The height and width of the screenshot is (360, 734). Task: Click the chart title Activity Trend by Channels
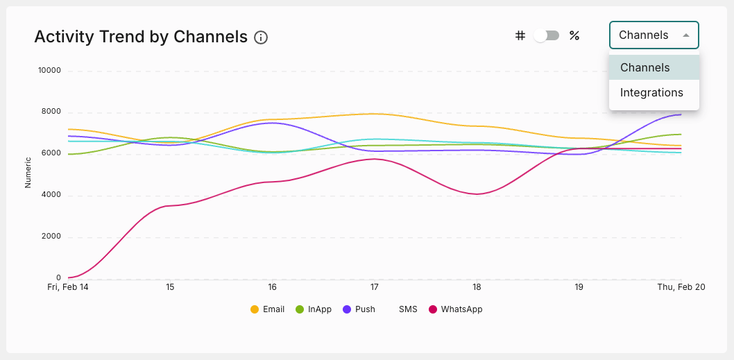coord(141,37)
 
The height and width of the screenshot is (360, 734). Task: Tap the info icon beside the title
coord(261,37)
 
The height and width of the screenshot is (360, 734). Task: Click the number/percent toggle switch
coord(547,35)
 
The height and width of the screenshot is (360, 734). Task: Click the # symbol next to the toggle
coord(520,35)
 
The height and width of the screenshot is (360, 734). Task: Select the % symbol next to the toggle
coord(574,35)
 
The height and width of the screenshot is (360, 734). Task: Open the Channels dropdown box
coord(654,35)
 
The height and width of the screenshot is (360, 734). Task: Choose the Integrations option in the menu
coord(651,93)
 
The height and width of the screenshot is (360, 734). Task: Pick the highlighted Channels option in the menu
coord(645,68)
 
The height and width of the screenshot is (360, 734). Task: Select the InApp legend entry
coord(314,309)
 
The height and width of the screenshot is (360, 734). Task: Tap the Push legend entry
coord(359,309)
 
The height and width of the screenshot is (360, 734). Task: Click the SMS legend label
coord(408,309)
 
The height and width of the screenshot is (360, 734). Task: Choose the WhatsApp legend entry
coord(455,309)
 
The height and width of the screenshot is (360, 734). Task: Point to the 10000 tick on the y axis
coord(49,71)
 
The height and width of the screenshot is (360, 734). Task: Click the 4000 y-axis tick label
coord(51,195)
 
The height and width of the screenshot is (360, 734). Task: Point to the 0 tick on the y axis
coord(58,278)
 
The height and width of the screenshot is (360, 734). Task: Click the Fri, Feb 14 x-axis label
coord(68,287)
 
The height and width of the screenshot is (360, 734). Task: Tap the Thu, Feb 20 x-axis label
coord(681,287)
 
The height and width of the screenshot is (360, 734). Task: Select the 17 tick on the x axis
coord(375,287)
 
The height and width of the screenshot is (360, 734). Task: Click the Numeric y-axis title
coord(28,173)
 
